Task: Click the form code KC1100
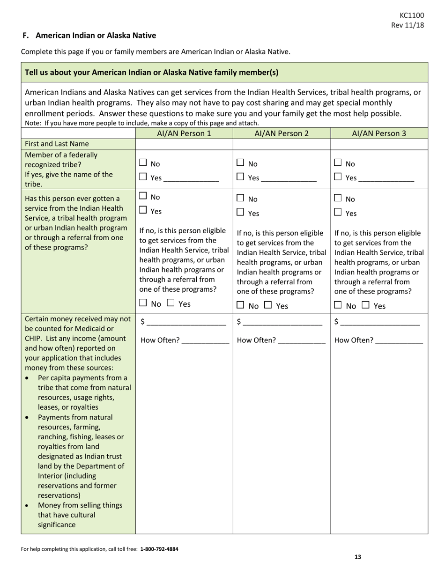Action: click(x=412, y=15)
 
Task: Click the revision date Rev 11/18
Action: click(x=408, y=25)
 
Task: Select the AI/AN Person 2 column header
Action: click(x=282, y=133)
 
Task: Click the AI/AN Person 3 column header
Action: click(x=379, y=133)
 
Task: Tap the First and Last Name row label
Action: click(x=57, y=144)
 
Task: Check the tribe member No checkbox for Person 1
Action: click(x=143, y=163)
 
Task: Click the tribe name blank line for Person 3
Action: click(x=387, y=179)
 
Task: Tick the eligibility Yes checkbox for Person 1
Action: click(x=171, y=303)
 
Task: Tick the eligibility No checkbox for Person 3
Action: click(x=338, y=305)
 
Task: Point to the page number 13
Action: click(x=357, y=557)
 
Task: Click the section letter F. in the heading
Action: click(x=26, y=36)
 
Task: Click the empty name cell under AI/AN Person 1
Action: click(x=184, y=144)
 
